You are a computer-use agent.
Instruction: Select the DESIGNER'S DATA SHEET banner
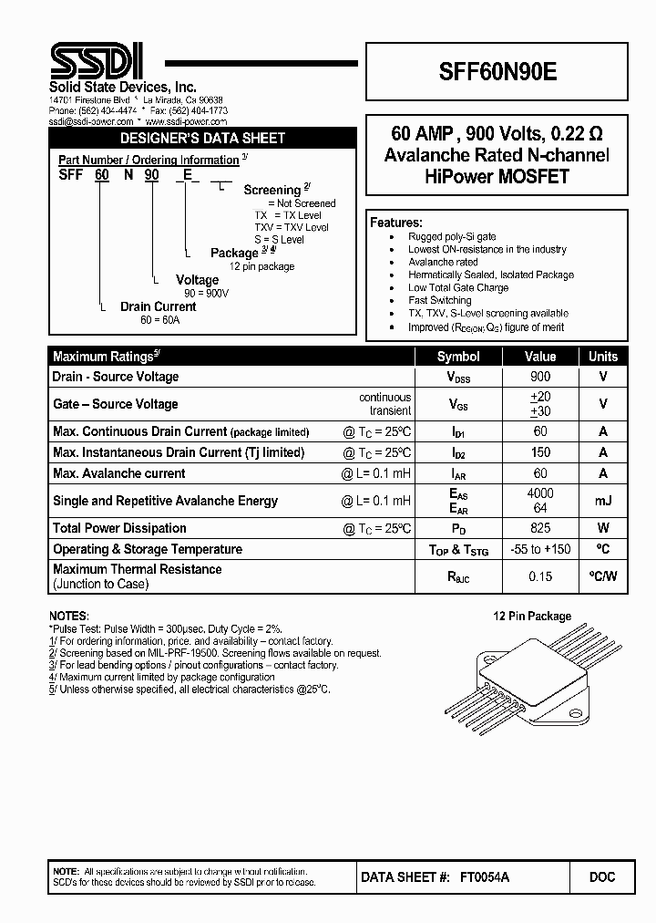(203, 139)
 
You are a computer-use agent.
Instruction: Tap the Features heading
(395, 223)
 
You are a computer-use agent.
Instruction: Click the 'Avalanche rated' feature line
(443, 262)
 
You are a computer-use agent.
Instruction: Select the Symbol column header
(458, 357)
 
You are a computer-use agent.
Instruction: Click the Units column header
(602, 357)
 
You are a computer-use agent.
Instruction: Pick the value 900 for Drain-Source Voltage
(540, 377)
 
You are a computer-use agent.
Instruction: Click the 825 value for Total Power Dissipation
(540, 528)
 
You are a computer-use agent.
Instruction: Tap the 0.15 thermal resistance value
(540, 576)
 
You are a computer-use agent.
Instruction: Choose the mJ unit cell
(602, 500)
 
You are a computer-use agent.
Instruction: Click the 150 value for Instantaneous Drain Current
(540, 452)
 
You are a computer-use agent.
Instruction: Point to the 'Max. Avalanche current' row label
(119, 473)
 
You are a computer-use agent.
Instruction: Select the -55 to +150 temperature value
(540, 549)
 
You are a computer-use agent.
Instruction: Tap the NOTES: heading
(68, 616)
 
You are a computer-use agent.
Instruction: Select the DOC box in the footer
(602, 876)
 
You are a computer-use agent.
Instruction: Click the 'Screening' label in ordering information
(272, 190)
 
